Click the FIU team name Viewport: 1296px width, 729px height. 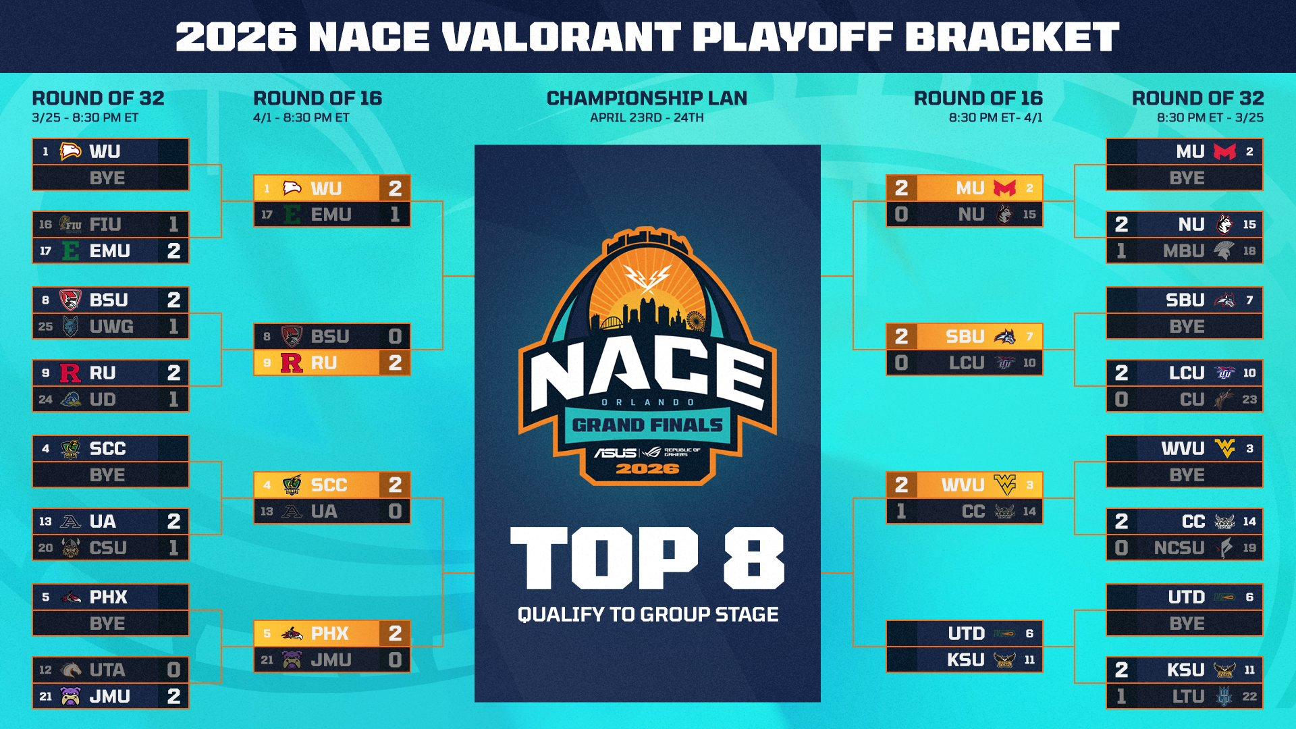pos(105,224)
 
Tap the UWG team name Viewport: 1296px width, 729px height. pos(111,327)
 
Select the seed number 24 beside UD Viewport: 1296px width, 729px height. pos(45,400)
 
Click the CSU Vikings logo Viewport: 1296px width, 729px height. pos(70,547)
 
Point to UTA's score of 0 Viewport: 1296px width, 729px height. pos(173,670)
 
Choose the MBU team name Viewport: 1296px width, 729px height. pos(1183,251)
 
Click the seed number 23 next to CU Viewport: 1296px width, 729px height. pos(1249,400)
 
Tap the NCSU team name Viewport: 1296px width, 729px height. pos(1179,548)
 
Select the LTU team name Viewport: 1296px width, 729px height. pos(1188,697)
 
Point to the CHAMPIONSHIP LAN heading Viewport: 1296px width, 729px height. pos(647,99)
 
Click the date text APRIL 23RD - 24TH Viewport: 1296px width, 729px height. pos(647,117)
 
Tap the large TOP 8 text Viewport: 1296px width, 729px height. pos(647,558)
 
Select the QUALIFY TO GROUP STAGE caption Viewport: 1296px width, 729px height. pos(648,614)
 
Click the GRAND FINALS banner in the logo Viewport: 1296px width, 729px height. pos(647,425)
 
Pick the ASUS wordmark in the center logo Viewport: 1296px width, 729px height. pos(615,452)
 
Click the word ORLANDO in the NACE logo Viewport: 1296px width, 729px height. pos(647,402)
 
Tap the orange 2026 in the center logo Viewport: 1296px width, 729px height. pos(647,468)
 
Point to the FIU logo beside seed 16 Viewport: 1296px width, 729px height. pos(70,224)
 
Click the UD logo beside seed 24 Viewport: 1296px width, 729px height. pos(70,400)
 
